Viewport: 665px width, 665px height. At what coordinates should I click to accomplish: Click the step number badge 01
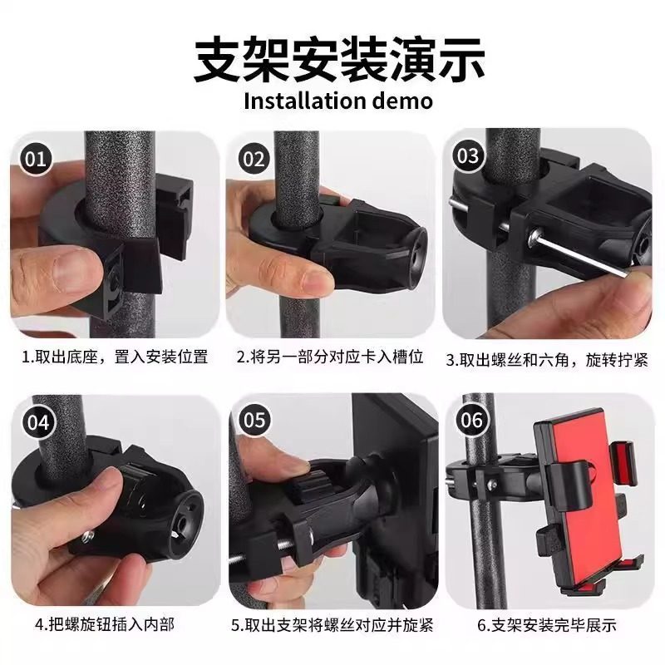[x=35, y=158]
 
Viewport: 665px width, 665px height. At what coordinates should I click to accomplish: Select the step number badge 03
[x=468, y=155]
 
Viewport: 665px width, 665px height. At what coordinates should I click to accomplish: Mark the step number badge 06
[x=470, y=420]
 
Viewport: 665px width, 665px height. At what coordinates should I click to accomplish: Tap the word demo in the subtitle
[x=402, y=101]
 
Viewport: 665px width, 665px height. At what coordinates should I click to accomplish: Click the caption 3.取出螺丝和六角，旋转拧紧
[x=546, y=360]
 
